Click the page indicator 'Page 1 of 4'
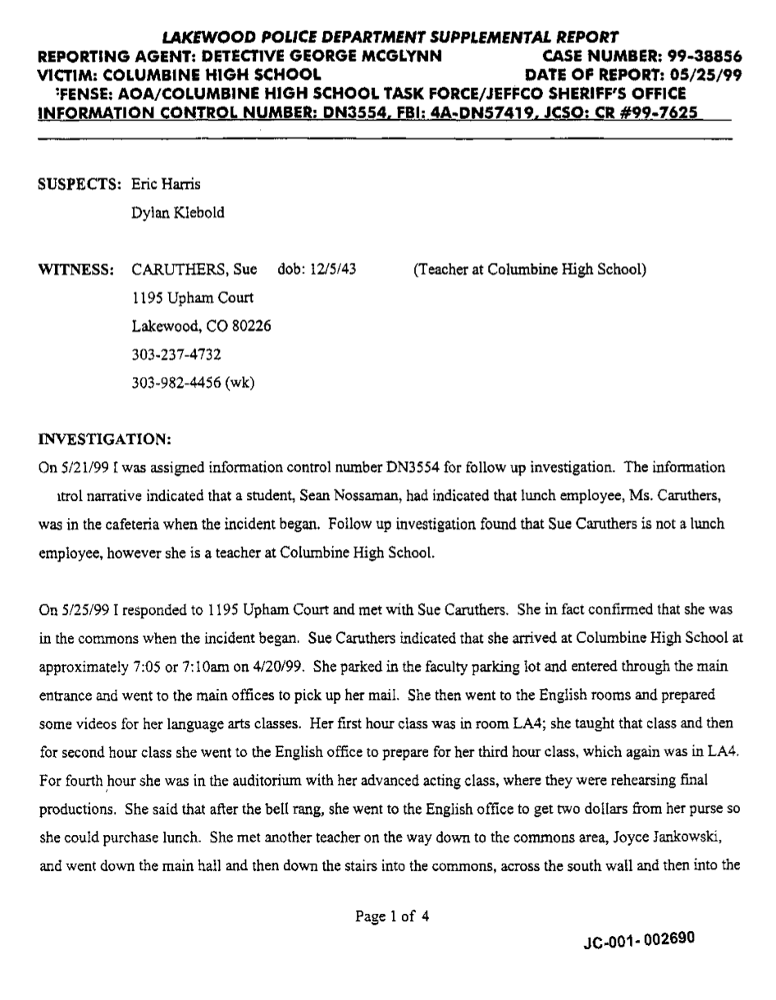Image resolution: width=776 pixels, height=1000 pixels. click(392, 917)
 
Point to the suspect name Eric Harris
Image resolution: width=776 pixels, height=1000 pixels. click(166, 184)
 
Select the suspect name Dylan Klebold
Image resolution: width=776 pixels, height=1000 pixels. click(177, 213)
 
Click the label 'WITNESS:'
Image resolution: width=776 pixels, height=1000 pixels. click(76, 269)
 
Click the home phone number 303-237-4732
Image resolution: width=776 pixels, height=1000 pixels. click(176, 355)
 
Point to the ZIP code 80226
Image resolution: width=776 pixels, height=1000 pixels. click(250, 326)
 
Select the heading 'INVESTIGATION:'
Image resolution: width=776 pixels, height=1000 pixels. click(104, 439)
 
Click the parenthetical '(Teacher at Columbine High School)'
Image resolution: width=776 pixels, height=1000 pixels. click(529, 269)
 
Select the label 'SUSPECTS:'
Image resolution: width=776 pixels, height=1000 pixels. click(80, 184)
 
